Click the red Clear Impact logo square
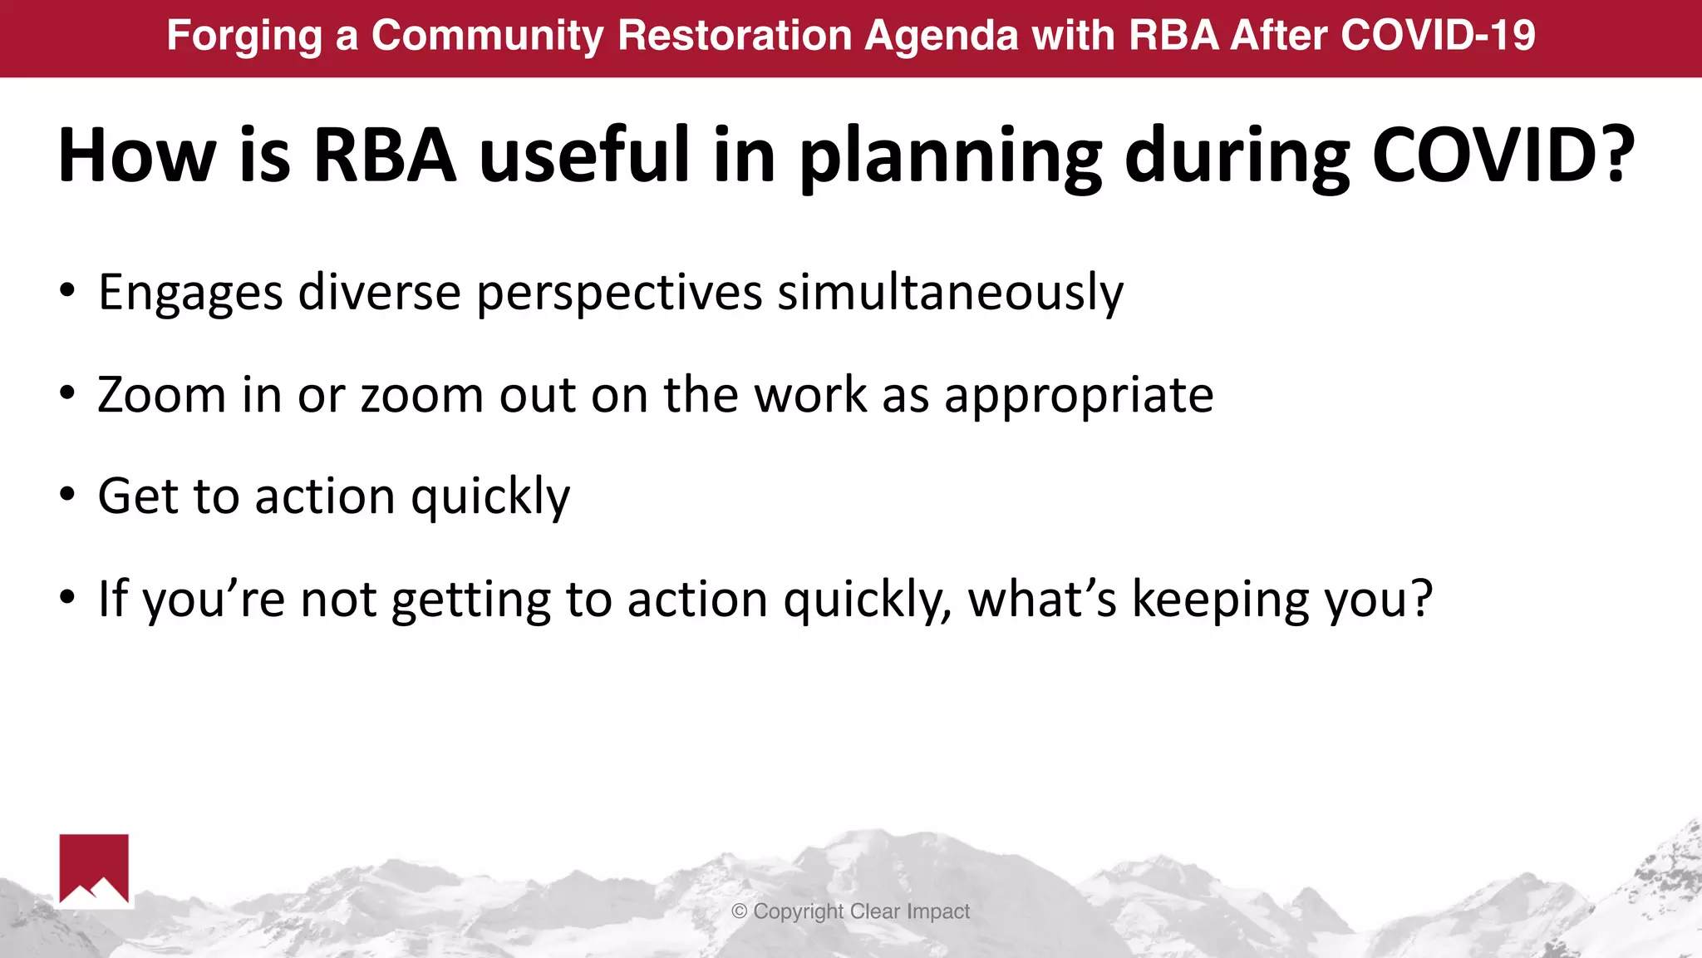94,868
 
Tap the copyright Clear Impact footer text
850,911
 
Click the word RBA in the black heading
384,156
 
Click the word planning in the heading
950,158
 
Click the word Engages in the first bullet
190,294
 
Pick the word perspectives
619,294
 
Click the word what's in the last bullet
1042,598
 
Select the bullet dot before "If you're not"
67,597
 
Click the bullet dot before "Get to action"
67,495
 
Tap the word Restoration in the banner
734,36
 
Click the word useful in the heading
584,156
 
